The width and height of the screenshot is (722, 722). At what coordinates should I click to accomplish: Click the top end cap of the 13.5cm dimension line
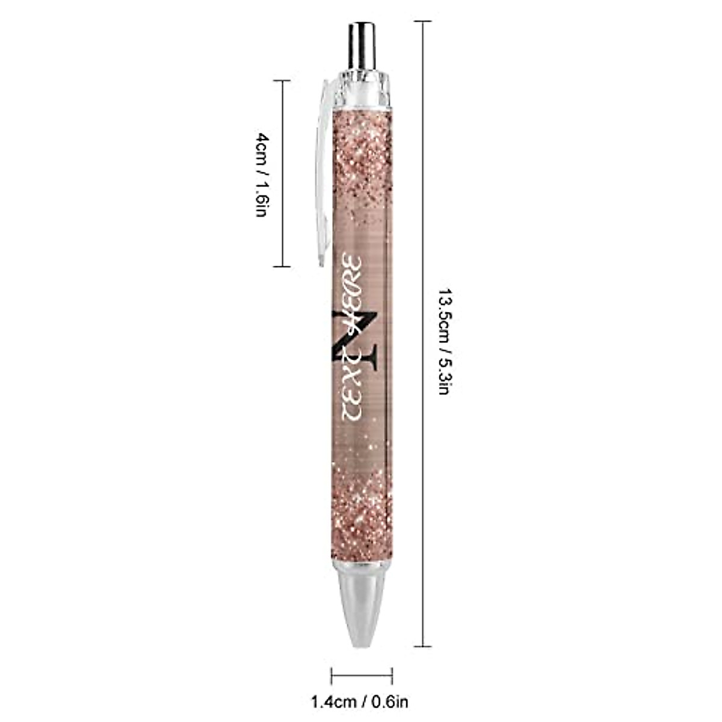tap(422, 22)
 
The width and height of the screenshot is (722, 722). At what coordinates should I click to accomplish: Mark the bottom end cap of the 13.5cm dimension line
tap(422, 646)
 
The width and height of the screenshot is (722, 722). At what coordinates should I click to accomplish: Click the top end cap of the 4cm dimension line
tap(282, 80)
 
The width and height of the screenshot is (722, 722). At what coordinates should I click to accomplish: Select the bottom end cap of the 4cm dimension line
tap(282, 266)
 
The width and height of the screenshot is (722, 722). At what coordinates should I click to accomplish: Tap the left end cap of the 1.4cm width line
tap(332, 675)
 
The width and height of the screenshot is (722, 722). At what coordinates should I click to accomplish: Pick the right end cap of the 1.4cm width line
tap(392, 675)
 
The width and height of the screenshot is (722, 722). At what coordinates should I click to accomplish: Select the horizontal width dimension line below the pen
tap(361, 675)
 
